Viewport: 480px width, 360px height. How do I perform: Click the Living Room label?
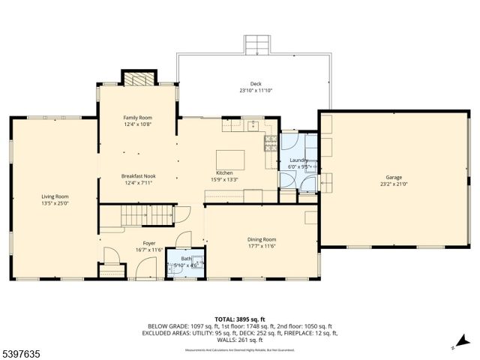point(53,196)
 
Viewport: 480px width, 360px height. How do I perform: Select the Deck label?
point(256,84)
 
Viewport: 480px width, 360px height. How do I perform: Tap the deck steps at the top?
point(256,44)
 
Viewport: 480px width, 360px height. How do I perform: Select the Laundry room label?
point(298,160)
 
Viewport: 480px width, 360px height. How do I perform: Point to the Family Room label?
point(137,118)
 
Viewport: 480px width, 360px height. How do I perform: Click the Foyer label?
point(149,243)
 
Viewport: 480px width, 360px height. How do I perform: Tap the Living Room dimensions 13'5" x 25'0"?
point(53,203)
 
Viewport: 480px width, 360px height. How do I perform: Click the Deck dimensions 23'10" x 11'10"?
point(256,91)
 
